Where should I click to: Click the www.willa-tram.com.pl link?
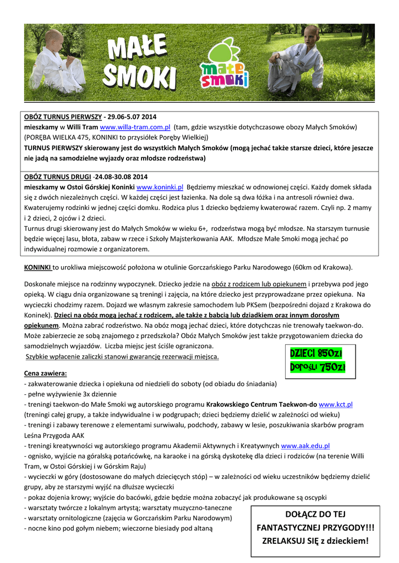pos(135,126)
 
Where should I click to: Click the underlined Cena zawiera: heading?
pos(46,373)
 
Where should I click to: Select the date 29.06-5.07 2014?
pos(132,117)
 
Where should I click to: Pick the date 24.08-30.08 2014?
pos(121,177)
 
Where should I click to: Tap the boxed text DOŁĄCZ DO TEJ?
pos(316,514)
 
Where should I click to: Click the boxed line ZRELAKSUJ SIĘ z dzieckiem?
pos(316,541)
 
